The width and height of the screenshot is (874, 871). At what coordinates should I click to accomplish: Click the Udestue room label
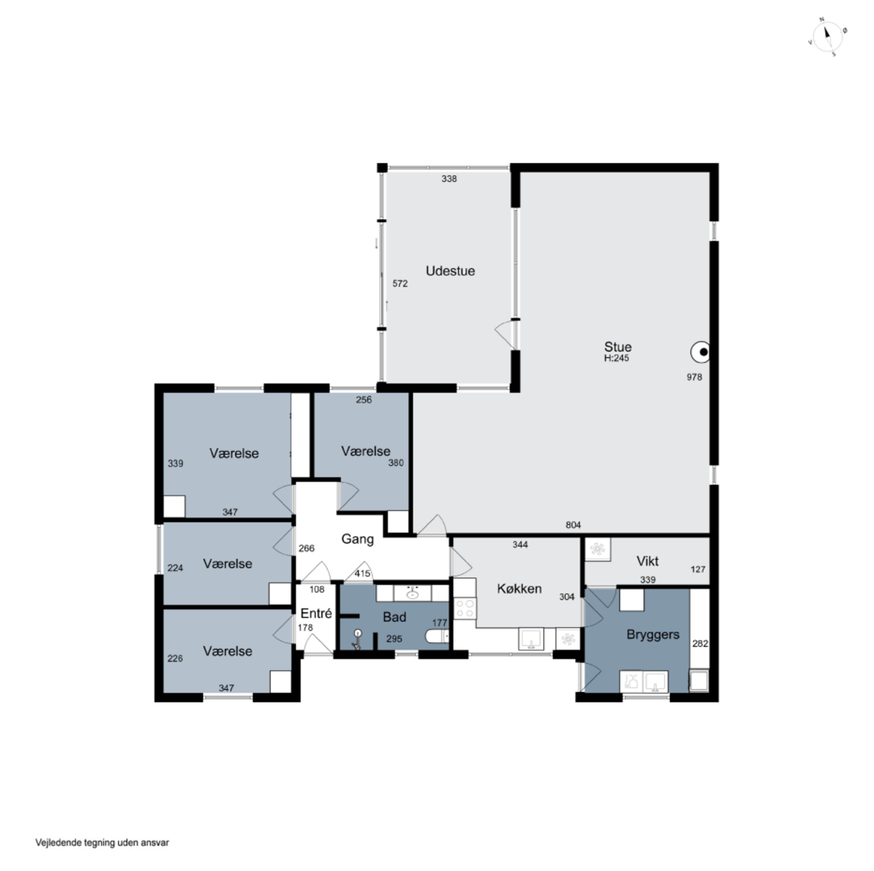450,271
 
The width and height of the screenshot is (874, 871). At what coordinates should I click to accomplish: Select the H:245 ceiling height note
616,358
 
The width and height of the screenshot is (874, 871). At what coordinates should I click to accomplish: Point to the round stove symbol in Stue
700,352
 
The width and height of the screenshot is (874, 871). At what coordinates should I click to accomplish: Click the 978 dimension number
695,377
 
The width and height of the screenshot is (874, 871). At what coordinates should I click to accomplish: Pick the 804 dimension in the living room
573,525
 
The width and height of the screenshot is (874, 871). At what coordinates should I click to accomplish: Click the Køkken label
519,589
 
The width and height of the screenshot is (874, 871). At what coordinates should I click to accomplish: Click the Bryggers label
653,635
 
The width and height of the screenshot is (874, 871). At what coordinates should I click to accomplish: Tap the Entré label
316,614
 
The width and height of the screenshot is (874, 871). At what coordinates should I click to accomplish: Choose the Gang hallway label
357,539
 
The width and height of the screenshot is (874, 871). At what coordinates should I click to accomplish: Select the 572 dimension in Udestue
400,284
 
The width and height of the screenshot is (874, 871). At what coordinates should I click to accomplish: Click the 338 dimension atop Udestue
449,179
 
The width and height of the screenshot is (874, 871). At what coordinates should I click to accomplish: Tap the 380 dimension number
396,463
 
